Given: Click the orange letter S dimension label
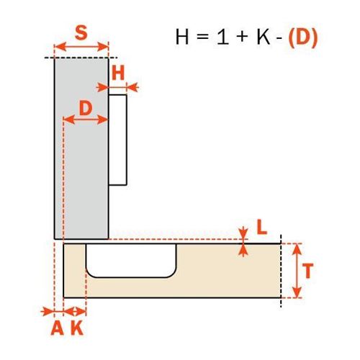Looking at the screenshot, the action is [81, 33].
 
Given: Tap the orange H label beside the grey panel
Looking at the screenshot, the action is [118, 73].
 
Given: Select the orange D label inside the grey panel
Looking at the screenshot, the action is [86, 108].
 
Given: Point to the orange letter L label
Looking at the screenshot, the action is [262, 227].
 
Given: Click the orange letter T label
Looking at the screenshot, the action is [308, 271].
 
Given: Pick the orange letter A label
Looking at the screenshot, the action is [57, 328].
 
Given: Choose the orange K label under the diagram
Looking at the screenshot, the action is [77, 328].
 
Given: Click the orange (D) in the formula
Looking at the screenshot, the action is [303, 37].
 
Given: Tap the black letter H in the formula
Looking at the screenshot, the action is [182, 37].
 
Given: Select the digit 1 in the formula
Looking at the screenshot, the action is [223, 37].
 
